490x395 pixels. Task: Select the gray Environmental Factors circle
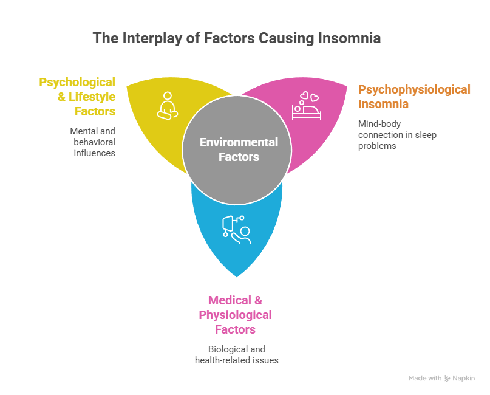point(235,149)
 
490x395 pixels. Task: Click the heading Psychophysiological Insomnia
point(414,97)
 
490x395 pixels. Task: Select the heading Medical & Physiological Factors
point(235,315)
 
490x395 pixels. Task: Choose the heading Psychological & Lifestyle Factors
point(77,96)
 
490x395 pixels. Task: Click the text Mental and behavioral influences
point(93,142)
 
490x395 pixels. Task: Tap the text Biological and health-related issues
point(236,354)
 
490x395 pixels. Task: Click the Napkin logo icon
point(448,378)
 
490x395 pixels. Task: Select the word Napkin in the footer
point(464,378)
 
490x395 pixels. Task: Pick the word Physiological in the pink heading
point(235,315)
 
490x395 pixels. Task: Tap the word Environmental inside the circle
point(239,143)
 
